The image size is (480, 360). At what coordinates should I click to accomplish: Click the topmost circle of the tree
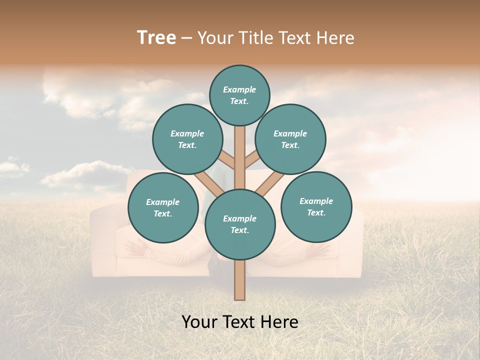click(x=239, y=95)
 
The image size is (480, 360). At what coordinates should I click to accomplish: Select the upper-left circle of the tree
click(x=187, y=139)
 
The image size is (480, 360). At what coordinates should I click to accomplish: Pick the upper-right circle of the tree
click(x=290, y=139)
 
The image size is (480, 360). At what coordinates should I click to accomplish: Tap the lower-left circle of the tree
click(x=163, y=207)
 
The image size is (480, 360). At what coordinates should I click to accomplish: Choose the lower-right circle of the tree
click(x=316, y=206)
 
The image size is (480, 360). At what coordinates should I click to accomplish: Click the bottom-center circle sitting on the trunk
click(x=240, y=224)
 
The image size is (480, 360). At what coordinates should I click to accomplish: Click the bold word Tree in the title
click(x=156, y=37)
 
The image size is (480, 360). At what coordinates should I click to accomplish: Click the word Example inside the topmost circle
click(x=239, y=89)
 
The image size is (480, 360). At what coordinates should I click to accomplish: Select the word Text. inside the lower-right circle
click(x=316, y=212)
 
